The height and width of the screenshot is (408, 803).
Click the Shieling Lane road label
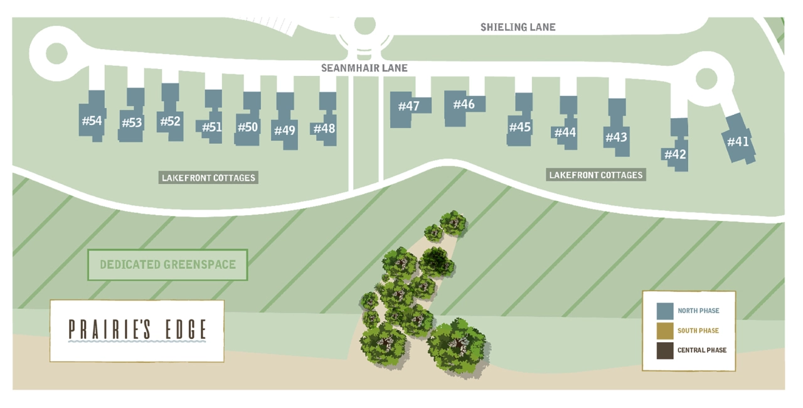pyautogui.click(x=518, y=27)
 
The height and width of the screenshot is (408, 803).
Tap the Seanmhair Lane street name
pyautogui.click(x=364, y=68)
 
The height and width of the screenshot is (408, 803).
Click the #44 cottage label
pyautogui.click(x=565, y=132)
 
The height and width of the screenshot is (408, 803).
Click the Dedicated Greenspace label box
pyautogui.click(x=168, y=265)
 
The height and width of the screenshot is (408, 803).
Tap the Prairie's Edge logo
pyautogui.click(x=137, y=331)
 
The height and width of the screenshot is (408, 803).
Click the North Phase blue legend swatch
pyautogui.click(x=664, y=311)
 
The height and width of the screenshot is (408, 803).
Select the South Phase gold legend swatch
pyautogui.click(x=664, y=331)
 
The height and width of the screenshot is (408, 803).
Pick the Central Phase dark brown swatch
pyautogui.click(x=664, y=350)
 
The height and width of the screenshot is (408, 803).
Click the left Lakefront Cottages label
pyautogui.click(x=208, y=178)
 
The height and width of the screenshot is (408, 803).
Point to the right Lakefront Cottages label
pyautogui.click(x=596, y=175)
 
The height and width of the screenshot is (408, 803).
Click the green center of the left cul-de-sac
pyautogui.click(x=56, y=53)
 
